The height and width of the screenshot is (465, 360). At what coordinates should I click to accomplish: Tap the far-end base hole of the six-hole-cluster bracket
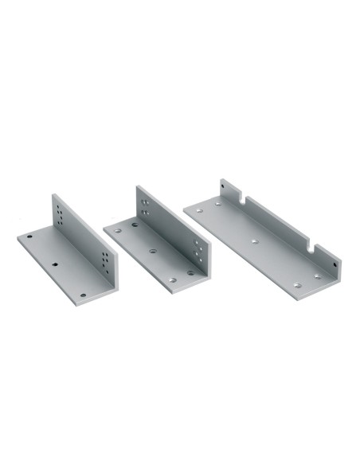tap(29, 236)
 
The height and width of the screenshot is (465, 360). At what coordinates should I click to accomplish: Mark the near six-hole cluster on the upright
tap(106, 262)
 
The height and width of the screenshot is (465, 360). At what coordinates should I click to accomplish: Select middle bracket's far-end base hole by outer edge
tap(117, 230)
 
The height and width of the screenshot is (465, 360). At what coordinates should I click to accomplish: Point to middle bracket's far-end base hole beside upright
tap(134, 225)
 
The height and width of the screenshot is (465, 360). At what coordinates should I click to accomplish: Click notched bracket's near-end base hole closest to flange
tap(316, 276)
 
